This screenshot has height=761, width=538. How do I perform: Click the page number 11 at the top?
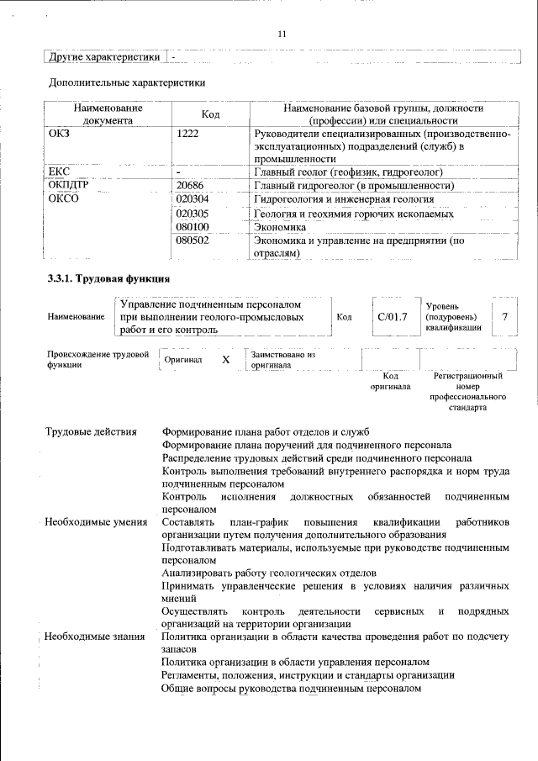[281, 34]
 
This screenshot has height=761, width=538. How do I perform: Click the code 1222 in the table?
[190, 134]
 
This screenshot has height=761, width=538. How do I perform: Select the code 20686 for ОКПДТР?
[193, 186]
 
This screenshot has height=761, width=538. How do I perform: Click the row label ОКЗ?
[61, 134]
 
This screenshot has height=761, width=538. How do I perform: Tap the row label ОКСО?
[64, 199]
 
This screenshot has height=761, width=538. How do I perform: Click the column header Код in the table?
[211, 114]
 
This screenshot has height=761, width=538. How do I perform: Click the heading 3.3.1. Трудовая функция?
[109, 278]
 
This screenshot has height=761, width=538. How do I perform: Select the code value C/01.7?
[393, 317]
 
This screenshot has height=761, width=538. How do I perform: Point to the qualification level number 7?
[504, 317]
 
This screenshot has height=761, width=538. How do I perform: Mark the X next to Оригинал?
[225, 360]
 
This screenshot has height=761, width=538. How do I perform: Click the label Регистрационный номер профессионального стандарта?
[468, 391]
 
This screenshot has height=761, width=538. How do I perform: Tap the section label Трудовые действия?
[91, 432]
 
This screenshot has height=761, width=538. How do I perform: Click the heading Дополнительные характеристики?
[127, 82]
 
